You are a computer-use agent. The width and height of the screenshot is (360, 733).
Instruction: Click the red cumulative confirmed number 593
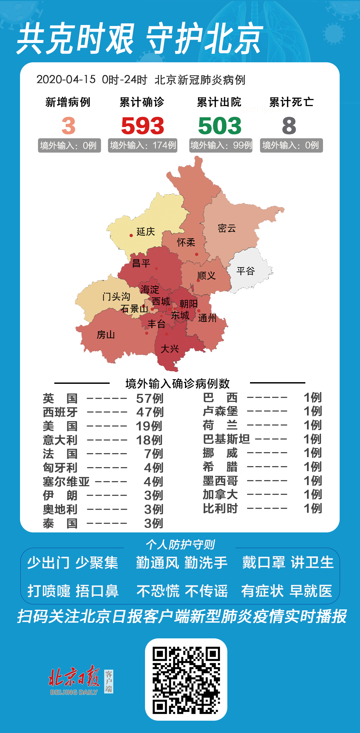[143, 126]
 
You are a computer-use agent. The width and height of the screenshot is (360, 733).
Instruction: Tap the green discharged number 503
[220, 126]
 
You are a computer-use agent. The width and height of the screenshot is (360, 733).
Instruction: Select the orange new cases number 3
[69, 126]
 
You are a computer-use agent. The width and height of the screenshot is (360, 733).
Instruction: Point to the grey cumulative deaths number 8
[289, 126]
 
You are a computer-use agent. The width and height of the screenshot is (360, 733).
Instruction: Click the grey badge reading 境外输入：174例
[143, 145]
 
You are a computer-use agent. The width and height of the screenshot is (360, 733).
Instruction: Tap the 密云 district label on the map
[227, 228]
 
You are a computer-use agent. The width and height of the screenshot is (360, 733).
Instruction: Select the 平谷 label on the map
[246, 271]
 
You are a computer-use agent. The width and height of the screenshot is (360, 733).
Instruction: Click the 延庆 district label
[146, 232]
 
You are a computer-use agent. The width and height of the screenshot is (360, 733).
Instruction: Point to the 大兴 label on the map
[170, 349]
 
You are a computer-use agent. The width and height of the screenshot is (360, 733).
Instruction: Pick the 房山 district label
[106, 335]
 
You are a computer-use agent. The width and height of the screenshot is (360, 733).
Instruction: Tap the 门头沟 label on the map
[116, 296]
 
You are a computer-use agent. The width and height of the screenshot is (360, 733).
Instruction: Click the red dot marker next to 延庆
[131, 235]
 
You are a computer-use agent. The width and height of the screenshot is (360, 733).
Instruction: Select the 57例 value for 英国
[150, 398]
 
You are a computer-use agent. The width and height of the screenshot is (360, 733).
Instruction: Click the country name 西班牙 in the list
[60, 412]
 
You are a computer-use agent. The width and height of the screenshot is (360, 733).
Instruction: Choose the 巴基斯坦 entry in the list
[226, 439]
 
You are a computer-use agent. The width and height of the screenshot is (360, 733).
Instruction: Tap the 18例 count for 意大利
[149, 440]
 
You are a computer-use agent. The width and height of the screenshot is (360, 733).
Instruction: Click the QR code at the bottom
[186, 679]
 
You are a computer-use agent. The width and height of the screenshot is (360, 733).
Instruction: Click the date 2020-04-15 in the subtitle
[66, 80]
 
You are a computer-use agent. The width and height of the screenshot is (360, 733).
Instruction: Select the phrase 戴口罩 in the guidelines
[264, 562]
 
